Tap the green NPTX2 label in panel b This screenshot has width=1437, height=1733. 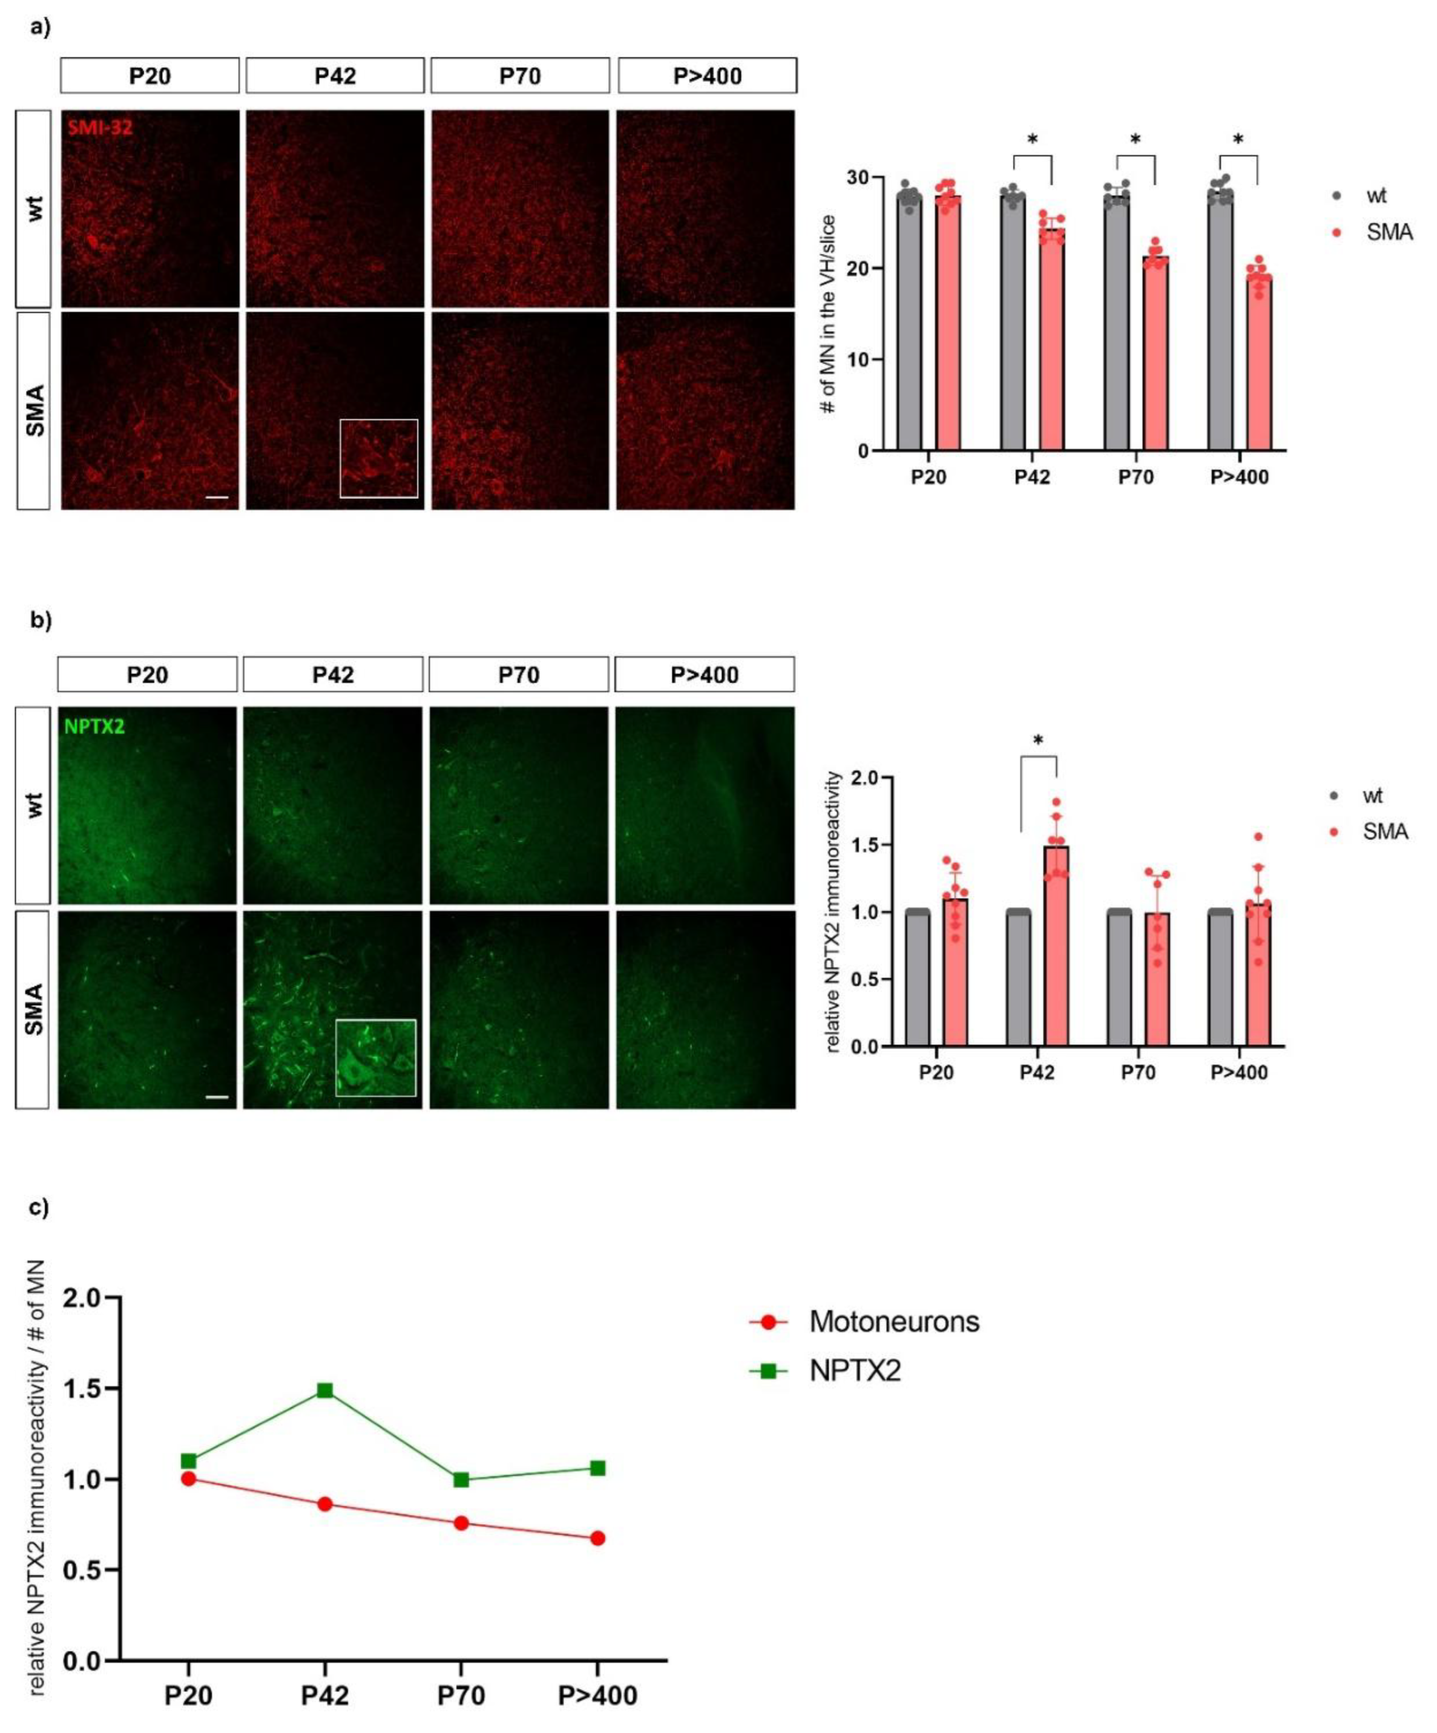pyautogui.click(x=95, y=726)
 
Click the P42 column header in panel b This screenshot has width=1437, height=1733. pyautogui.click(x=334, y=675)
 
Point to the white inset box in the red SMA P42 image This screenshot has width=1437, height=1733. pyautogui.click(x=379, y=459)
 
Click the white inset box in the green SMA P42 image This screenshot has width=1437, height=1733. pyautogui.click(x=375, y=1057)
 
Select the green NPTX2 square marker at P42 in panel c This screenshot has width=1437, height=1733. pyautogui.click(x=325, y=1391)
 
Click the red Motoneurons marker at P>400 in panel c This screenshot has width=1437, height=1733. pyautogui.click(x=597, y=1538)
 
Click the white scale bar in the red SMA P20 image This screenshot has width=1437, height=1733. pyautogui.click(x=216, y=497)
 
